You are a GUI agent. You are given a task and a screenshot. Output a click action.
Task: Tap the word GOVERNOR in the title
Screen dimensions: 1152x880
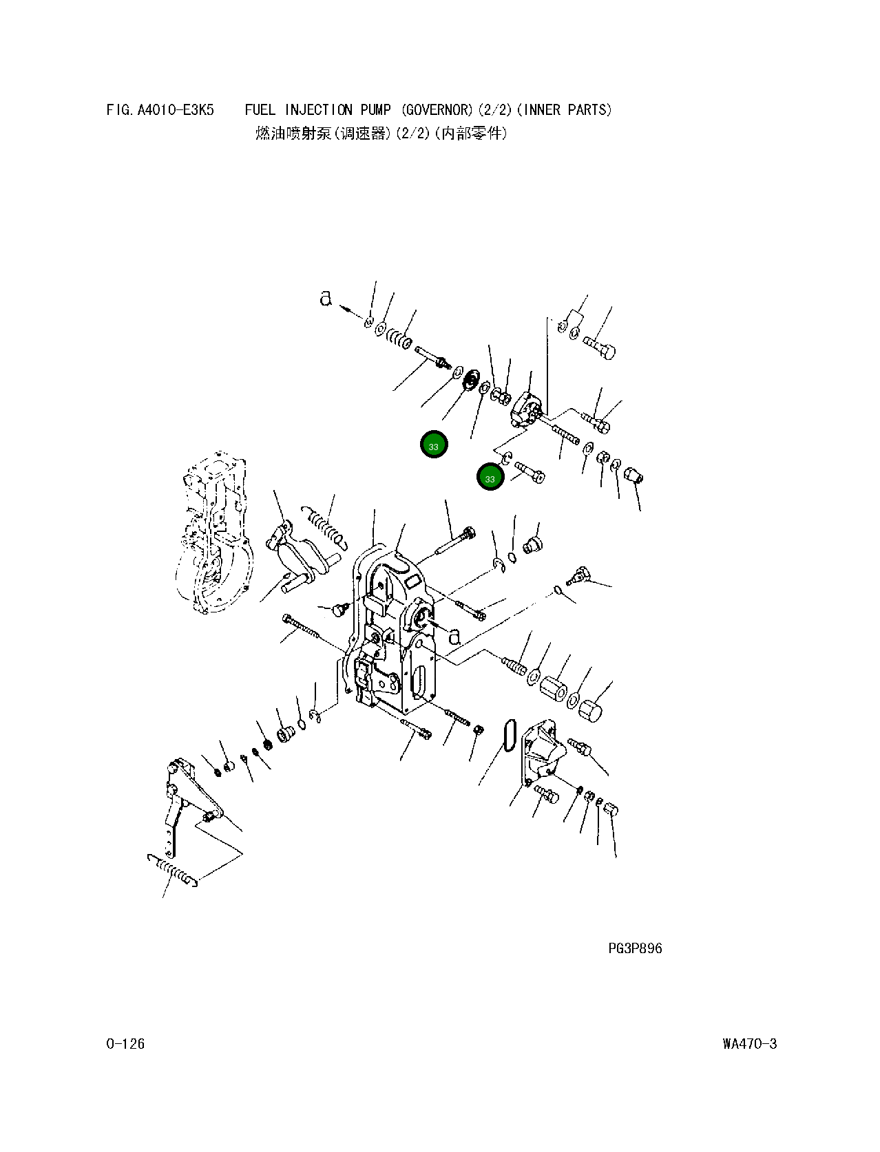click(x=436, y=110)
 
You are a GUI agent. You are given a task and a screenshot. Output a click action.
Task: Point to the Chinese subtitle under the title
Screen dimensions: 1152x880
click(x=381, y=134)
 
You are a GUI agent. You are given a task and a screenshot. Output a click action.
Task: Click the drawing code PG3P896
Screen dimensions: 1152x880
click(x=635, y=948)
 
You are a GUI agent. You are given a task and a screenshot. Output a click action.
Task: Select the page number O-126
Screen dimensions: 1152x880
click(x=125, y=1044)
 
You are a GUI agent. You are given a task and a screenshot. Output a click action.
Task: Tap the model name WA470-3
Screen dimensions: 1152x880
click(x=749, y=1044)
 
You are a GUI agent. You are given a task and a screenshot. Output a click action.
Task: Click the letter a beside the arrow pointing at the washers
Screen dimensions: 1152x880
click(x=326, y=298)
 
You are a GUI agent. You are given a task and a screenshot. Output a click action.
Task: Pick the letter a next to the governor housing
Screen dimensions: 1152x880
click(x=454, y=636)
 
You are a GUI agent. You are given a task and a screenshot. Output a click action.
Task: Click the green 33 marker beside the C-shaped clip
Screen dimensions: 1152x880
click(x=490, y=478)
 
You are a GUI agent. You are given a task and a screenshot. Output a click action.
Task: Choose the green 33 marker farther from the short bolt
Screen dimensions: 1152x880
click(x=434, y=445)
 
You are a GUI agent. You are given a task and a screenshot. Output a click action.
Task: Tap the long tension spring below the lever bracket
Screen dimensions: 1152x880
click(x=174, y=869)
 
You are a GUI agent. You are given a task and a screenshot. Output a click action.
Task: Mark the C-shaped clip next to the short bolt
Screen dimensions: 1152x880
click(x=506, y=456)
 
